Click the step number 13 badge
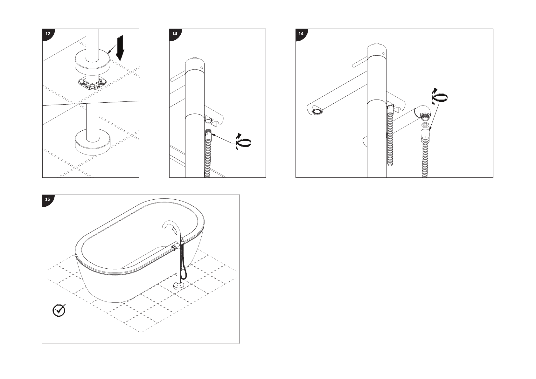[174, 34]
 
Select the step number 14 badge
[301, 34]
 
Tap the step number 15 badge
[47, 200]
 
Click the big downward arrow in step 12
[120, 48]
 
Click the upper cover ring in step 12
[92, 64]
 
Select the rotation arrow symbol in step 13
[243, 142]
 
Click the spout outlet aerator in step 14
[317, 111]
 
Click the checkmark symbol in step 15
[59, 310]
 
